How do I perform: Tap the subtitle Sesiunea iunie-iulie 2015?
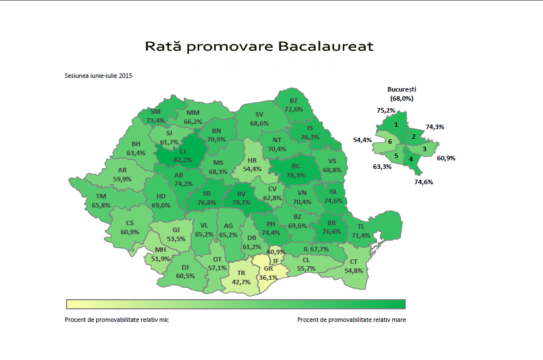(x=98, y=76)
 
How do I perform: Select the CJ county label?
(x=183, y=151)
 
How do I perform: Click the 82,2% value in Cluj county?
(x=183, y=160)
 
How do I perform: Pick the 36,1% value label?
(x=268, y=278)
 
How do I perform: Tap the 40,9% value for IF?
(x=275, y=251)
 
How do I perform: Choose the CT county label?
(x=353, y=262)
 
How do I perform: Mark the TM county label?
(x=101, y=197)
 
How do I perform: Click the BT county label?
(x=294, y=101)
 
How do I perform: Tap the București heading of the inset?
(x=402, y=89)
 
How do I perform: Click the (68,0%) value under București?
(x=402, y=98)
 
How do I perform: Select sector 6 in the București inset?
(x=390, y=142)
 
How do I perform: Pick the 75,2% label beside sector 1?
(x=385, y=110)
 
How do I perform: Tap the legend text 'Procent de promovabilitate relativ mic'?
(x=117, y=320)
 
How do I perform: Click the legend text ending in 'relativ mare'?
(x=351, y=320)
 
